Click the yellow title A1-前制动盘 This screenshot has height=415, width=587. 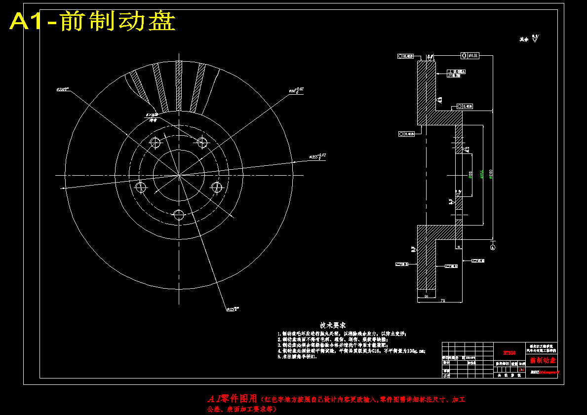pyautogui.click(x=93, y=22)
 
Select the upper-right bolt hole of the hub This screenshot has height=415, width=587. pyautogui.click(x=201, y=143)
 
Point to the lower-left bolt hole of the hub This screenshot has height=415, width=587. pyautogui.click(x=142, y=187)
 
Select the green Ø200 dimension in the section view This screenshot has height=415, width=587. pyautogui.click(x=491, y=174)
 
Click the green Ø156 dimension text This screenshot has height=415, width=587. pyautogui.click(x=482, y=174)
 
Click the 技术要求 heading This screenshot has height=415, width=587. pyautogui.click(x=332, y=325)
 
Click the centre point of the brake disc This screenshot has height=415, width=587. pyautogui.click(x=178, y=174)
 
